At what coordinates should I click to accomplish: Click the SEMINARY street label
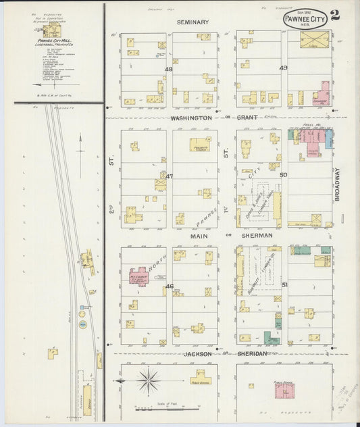pyautogui.click(x=192, y=22)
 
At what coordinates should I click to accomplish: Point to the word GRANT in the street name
pyautogui.click(x=248, y=118)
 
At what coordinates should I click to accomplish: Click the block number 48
pyautogui.click(x=169, y=69)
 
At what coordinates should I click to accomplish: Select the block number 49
pyautogui.click(x=283, y=68)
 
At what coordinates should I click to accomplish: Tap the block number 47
pyautogui.click(x=169, y=177)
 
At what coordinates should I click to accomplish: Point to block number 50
pyautogui.click(x=283, y=175)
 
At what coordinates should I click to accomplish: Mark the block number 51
pyautogui.click(x=284, y=285)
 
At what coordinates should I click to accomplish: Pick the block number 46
pyautogui.click(x=170, y=286)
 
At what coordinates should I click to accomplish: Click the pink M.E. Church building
pyautogui.click(x=137, y=277)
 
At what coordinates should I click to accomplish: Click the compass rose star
pyautogui.click(x=148, y=382)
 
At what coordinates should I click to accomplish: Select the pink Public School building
pyautogui.click(x=283, y=390)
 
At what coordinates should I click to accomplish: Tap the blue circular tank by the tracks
pyautogui.click(x=83, y=324)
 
